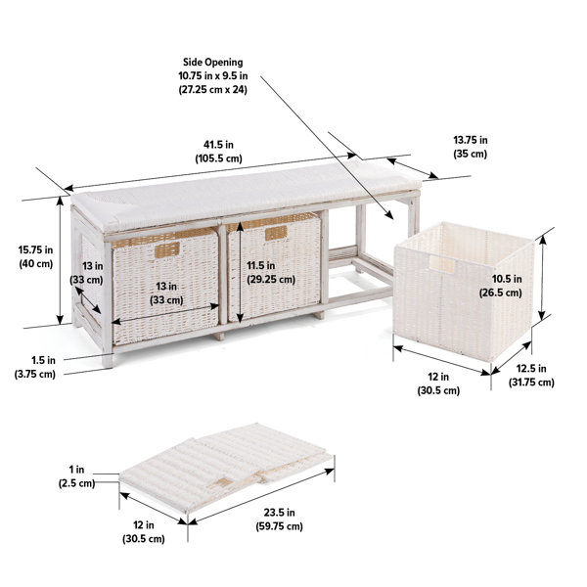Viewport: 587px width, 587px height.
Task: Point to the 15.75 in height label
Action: click(x=34, y=255)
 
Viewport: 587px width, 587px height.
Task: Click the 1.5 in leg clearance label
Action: click(x=34, y=366)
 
